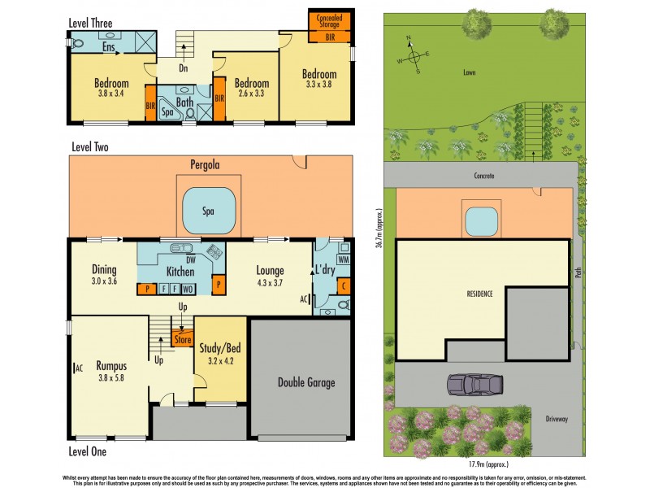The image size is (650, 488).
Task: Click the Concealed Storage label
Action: pyautogui.click(x=328, y=22)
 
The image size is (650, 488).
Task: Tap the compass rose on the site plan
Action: pyautogui.click(x=414, y=56)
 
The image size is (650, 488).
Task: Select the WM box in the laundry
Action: pyautogui.click(x=342, y=259)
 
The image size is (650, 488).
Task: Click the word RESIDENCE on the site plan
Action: pyautogui.click(x=480, y=293)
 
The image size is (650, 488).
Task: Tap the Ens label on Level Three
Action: pyautogui.click(x=108, y=47)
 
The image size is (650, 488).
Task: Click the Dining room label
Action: pyautogui.click(x=104, y=270)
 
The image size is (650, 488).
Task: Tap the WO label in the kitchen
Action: pyautogui.click(x=187, y=289)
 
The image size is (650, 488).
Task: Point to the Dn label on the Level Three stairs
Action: pyautogui.click(x=184, y=68)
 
